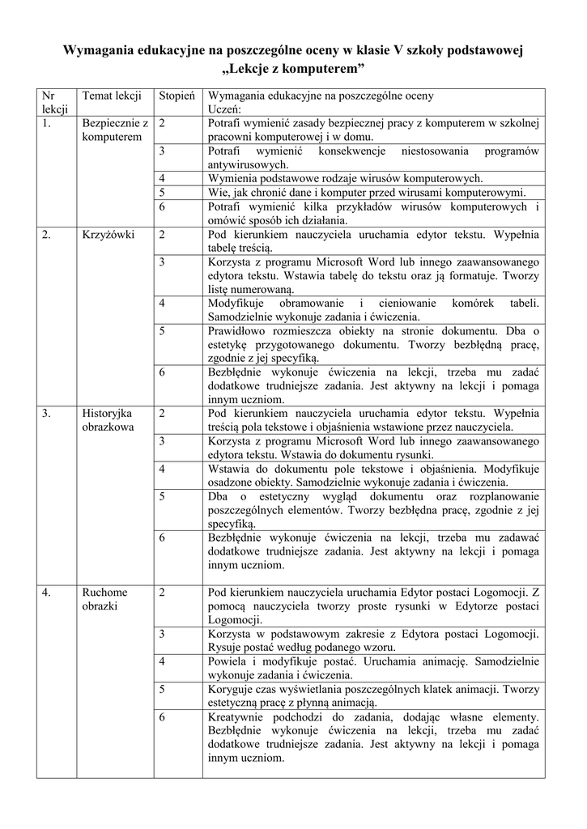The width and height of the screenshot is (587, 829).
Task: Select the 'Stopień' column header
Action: (x=177, y=96)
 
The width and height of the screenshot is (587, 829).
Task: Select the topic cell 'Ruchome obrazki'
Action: (x=104, y=598)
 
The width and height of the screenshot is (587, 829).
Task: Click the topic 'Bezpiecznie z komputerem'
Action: (x=115, y=130)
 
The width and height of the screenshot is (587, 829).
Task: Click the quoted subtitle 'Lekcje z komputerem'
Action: (x=293, y=66)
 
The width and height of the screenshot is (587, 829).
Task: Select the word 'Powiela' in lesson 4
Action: (x=228, y=661)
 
